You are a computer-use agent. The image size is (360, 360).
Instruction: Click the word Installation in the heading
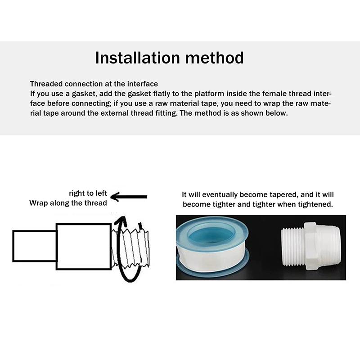click(134, 58)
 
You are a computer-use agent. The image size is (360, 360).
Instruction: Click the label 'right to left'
click(88, 193)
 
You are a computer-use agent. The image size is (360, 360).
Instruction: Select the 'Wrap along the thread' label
click(68, 202)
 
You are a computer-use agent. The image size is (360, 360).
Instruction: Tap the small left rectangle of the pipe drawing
click(34, 246)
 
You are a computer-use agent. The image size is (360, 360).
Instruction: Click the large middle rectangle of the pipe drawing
click(83, 246)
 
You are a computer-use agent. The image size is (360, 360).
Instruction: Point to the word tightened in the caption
click(315, 204)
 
